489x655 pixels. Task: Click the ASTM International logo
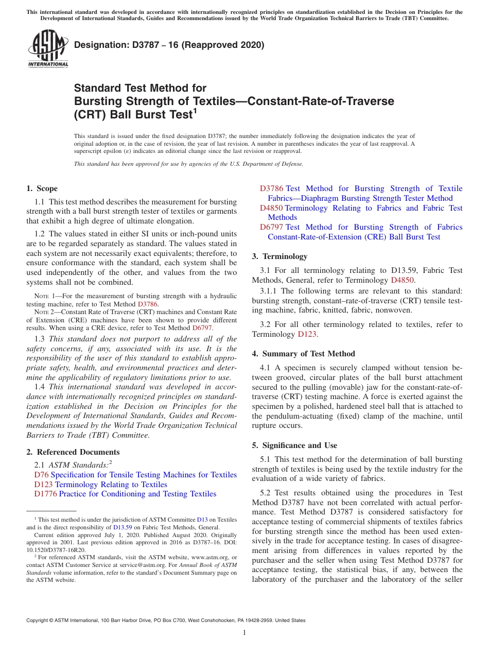coord(48,48)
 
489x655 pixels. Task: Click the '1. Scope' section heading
coord(42,188)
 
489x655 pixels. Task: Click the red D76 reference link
coord(41,475)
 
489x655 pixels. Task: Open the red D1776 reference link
coord(45,494)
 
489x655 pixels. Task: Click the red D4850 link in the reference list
coord(271,208)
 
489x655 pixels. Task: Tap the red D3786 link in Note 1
coord(148,304)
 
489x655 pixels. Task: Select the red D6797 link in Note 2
coord(202,328)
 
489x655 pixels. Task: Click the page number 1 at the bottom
coord(244,632)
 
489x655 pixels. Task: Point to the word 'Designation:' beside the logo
coord(97,45)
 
